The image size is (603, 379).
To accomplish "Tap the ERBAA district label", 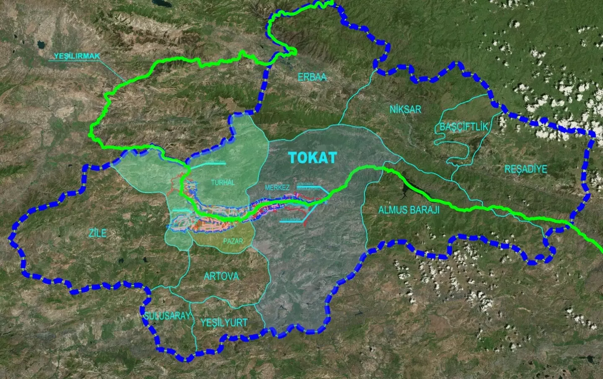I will pyautogui.click(x=312, y=77).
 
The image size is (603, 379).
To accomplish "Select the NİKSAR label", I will pyautogui.click(x=405, y=110).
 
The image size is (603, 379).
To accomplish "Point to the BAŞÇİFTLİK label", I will pyautogui.click(x=464, y=127).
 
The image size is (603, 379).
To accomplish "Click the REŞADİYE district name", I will pyautogui.click(x=526, y=169).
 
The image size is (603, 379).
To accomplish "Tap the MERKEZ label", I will pyautogui.click(x=277, y=188).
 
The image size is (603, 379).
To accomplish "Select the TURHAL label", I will pyautogui.click(x=223, y=182).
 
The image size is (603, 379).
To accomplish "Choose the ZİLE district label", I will pyautogui.click(x=98, y=233).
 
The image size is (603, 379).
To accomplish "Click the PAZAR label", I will pyautogui.click(x=233, y=241).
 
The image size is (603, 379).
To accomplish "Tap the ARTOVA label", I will pyautogui.click(x=221, y=276).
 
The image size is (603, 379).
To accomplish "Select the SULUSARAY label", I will pyautogui.click(x=167, y=316).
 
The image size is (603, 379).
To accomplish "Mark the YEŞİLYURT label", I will pyautogui.click(x=224, y=323).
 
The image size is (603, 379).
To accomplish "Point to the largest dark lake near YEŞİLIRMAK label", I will pyautogui.click(x=41, y=44).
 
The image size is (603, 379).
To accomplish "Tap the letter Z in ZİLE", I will pyautogui.click(x=91, y=233).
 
